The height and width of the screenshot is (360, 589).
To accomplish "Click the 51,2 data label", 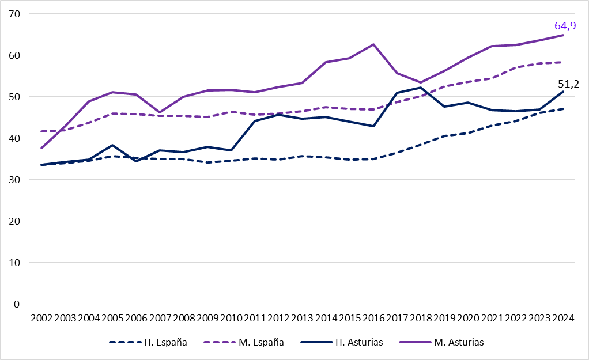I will pos(568,84).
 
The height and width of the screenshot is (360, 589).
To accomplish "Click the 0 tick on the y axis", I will pos(17,304).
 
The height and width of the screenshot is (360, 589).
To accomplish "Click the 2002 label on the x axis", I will pos(41,318).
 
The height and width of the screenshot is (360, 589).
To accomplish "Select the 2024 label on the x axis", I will pos(562,318).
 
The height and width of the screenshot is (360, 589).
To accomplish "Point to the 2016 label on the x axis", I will pos(373,318).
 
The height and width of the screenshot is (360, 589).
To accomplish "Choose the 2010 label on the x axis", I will pos(231,318).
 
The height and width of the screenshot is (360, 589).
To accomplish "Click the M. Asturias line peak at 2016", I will pos(373,44).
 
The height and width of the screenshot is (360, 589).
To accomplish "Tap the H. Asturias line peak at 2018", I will pos(421,88).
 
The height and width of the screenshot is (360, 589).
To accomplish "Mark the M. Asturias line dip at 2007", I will pos(160,112).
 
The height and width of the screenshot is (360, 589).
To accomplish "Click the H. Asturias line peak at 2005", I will pos(112,145).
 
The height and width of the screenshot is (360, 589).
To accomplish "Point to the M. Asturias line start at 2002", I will pos(41,148).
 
